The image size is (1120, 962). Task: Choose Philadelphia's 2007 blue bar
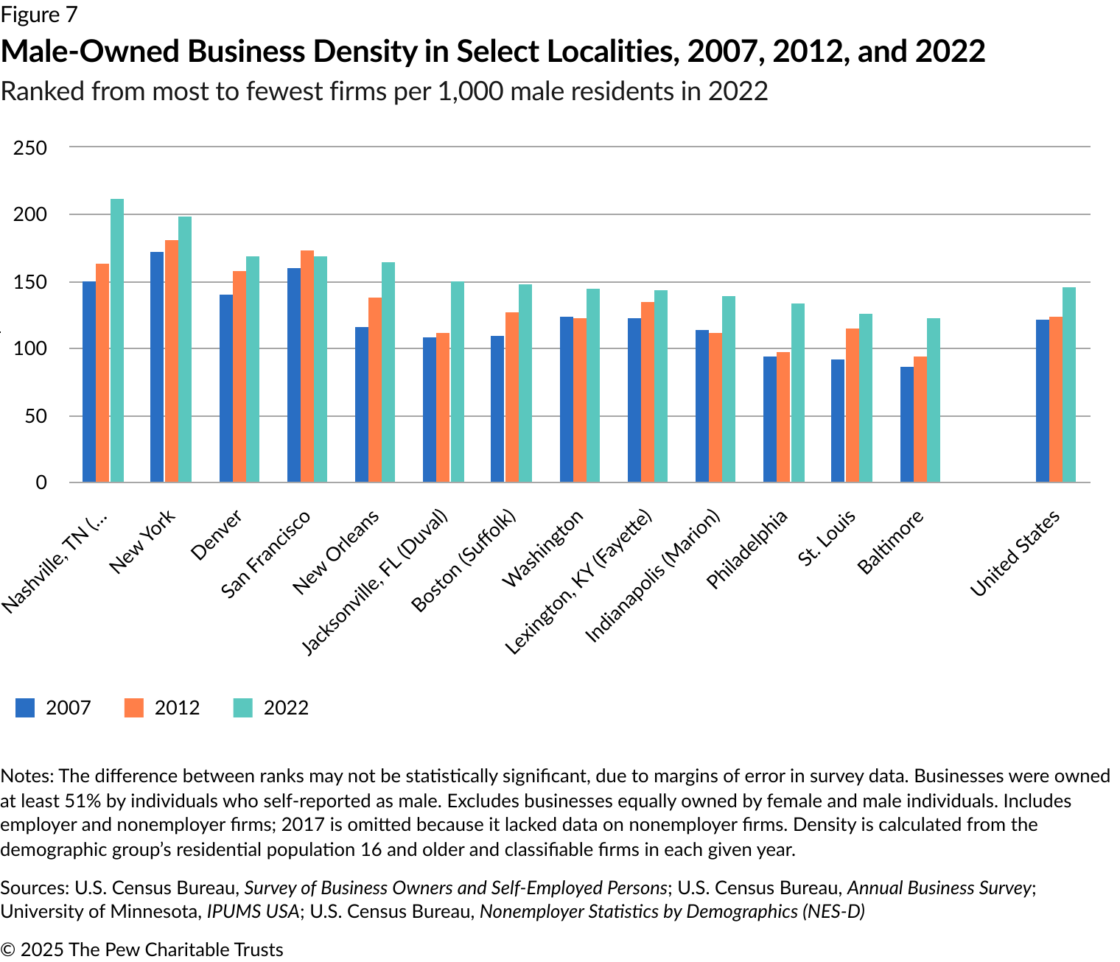tap(770, 419)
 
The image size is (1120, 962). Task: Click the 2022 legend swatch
tap(243, 708)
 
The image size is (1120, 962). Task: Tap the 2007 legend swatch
tap(25, 708)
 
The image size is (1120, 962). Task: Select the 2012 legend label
tap(177, 708)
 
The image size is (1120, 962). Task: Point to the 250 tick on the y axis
tap(30, 147)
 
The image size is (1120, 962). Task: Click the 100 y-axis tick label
tap(30, 348)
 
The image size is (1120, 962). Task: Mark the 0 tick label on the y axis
tap(41, 482)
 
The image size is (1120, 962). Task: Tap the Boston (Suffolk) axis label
tap(463, 561)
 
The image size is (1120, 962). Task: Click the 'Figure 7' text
tap(38, 14)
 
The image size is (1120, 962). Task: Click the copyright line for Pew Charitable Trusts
tap(141, 949)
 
